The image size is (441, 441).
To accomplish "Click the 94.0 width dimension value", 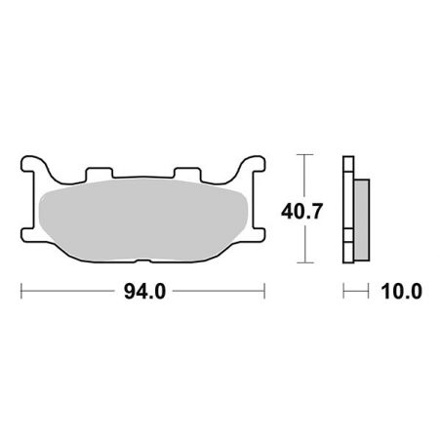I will coord(142,291).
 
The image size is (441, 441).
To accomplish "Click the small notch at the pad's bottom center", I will coord(143,261).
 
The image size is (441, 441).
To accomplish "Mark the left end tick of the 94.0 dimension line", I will coord(21,291).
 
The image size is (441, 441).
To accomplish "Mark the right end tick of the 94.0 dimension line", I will coord(264,291).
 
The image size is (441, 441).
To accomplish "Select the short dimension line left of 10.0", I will coord(355,291).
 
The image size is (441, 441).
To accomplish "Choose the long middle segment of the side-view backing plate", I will coord(347,210).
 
